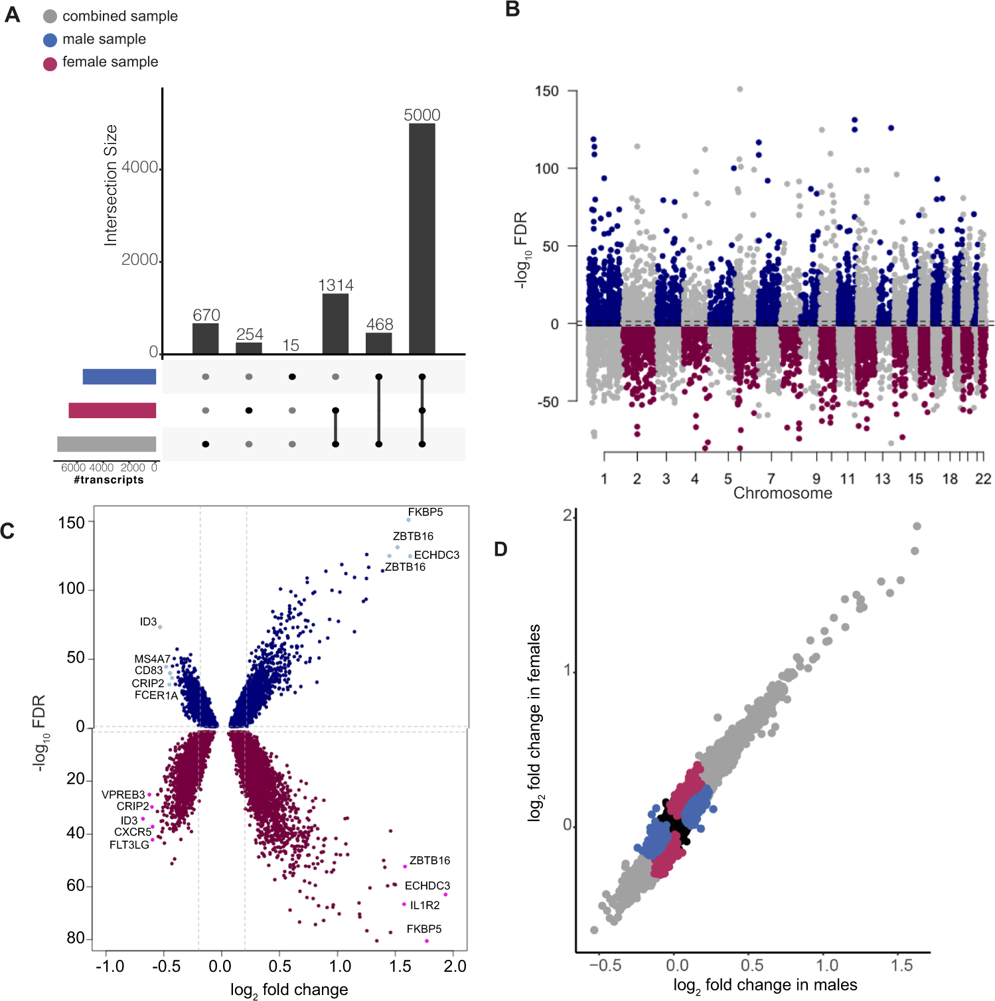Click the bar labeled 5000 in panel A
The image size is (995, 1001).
(x=421, y=239)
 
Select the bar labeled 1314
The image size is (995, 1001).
(x=335, y=324)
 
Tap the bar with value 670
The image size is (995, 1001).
(x=206, y=339)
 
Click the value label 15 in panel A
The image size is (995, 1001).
(x=291, y=346)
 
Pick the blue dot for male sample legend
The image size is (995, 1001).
(x=50, y=40)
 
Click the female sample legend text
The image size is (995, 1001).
(x=110, y=62)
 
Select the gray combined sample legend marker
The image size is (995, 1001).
(x=50, y=17)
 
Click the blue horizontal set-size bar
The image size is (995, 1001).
(x=119, y=376)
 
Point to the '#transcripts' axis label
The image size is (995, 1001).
(x=109, y=480)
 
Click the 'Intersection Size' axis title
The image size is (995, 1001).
(x=111, y=185)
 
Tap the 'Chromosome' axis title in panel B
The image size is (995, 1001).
(x=783, y=493)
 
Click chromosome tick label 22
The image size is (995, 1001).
(x=983, y=479)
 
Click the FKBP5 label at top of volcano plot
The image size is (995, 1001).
(x=425, y=512)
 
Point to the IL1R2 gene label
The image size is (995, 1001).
(x=425, y=905)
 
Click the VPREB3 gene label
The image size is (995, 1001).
(x=123, y=795)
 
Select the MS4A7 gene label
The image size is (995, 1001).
(x=152, y=659)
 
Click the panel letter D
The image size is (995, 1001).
(x=500, y=549)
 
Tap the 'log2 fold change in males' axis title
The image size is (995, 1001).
(x=765, y=985)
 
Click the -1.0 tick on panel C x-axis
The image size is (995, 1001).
(x=110, y=966)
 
